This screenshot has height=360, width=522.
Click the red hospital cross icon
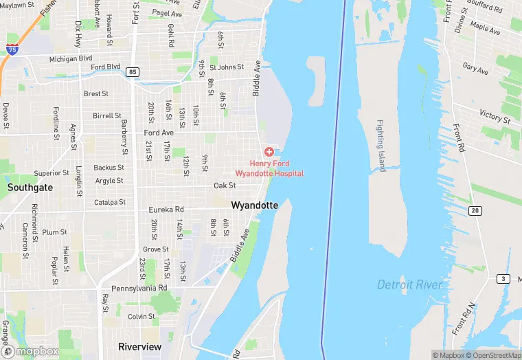tap(269, 151)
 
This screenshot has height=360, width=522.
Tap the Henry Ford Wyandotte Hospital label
tap(269, 168)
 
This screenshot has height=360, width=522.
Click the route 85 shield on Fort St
tap(133, 71)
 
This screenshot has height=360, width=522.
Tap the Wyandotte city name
tap(255, 205)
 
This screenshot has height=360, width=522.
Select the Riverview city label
tap(140, 346)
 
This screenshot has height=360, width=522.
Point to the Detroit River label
tap(411, 284)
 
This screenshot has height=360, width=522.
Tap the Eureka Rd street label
tap(166, 210)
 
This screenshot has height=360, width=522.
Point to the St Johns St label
tap(227, 67)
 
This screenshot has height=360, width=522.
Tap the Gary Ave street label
tap(475, 69)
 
